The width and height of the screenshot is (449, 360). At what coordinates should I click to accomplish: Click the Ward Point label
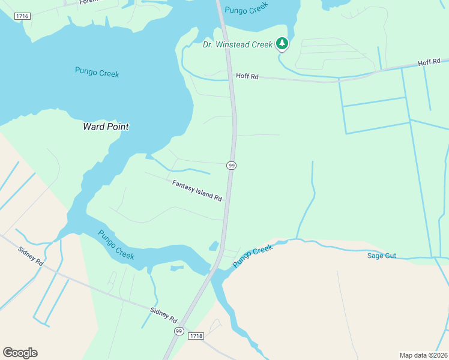pyautogui.click(x=106, y=127)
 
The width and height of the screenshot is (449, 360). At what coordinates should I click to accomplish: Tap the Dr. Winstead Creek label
pyautogui.click(x=238, y=44)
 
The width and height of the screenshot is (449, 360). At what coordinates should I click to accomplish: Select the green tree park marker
pyautogui.click(x=282, y=44)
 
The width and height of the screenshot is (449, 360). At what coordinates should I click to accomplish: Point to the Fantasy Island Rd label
pyautogui.click(x=197, y=191)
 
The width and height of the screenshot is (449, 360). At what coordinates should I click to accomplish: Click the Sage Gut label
pyautogui.click(x=382, y=256)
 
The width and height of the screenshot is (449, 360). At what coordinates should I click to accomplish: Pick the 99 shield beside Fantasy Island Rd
pyautogui.click(x=231, y=165)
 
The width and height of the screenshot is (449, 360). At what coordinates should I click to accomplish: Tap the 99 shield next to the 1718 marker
pyautogui.click(x=179, y=331)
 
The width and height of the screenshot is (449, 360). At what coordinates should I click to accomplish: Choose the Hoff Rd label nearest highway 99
pyautogui.click(x=247, y=76)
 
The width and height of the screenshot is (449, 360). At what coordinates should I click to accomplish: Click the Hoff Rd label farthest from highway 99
pyautogui.click(x=429, y=62)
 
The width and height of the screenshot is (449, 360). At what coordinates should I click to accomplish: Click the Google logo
pyautogui.click(x=20, y=352)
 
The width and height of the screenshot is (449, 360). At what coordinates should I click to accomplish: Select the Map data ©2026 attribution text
pyautogui.click(x=423, y=355)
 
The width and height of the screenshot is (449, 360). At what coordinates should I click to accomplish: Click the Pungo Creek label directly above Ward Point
pyautogui.click(x=97, y=73)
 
